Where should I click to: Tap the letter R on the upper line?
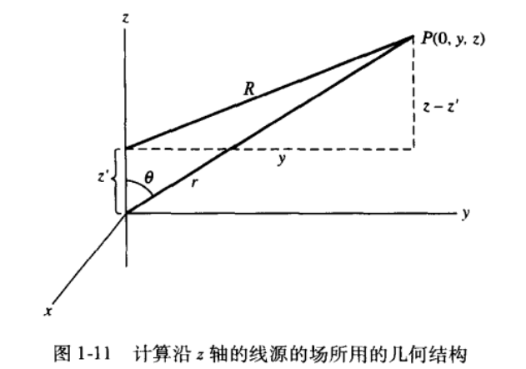pyautogui.click(x=248, y=89)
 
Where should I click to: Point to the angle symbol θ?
pyautogui.click(x=148, y=177)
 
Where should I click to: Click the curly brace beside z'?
pyautogui.click(x=116, y=180)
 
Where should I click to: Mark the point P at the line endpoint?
pyautogui.click(x=413, y=36)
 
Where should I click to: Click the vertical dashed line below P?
pyautogui.click(x=413, y=92)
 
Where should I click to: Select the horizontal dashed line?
pyautogui.click(x=333, y=149)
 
